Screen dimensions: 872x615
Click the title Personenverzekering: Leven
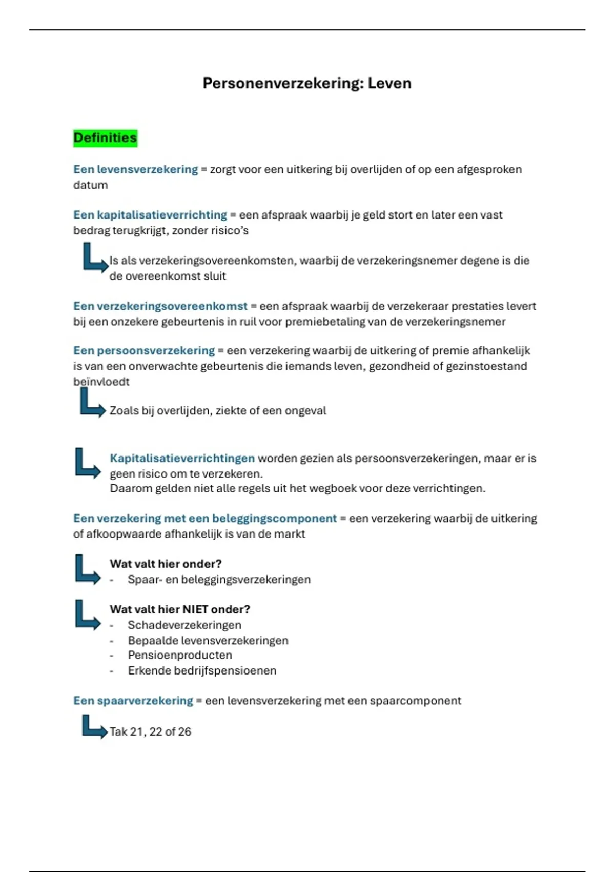[307, 83]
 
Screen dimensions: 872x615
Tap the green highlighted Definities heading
[105, 138]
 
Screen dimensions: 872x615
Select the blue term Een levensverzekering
[135, 169]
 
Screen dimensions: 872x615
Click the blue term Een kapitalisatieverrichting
[150, 215]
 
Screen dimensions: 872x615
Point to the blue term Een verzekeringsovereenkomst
[160, 306]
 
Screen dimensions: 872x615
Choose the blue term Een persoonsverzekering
[143, 351]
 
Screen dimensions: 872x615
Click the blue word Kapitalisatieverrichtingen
[182, 458]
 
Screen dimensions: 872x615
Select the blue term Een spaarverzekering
[133, 701]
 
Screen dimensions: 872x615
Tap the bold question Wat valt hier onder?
[166, 564]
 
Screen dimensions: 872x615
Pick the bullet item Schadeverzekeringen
[184, 625]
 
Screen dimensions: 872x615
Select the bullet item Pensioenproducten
[180, 655]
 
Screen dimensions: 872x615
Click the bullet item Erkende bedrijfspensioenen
[202, 670]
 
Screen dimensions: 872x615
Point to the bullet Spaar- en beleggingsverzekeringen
[219, 580]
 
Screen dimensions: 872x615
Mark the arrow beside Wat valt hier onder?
[87, 569]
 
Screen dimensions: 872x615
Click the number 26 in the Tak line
[184, 731]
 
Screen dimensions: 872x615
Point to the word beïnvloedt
[101, 382]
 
